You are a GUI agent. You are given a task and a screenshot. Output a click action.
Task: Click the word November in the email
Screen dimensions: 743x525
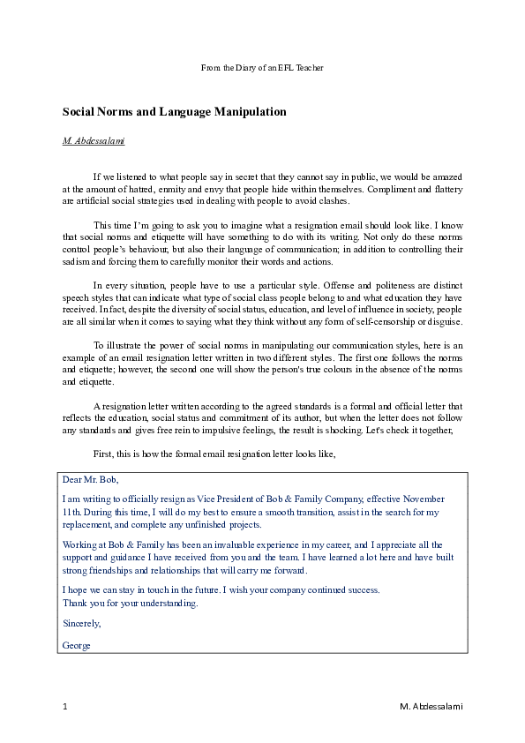pyautogui.click(x=425, y=499)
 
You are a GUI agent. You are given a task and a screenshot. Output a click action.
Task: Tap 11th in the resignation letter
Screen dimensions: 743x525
pyautogui.click(x=71, y=511)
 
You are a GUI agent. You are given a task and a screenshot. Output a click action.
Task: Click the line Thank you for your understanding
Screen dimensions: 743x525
pyautogui.click(x=131, y=604)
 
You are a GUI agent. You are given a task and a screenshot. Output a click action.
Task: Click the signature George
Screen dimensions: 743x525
pyautogui.click(x=77, y=644)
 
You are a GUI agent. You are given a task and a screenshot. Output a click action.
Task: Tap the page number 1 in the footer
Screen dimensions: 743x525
pyautogui.click(x=65, y=706)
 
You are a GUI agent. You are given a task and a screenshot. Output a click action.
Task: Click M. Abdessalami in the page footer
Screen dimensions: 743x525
pyautogui.click(x=431, y=706)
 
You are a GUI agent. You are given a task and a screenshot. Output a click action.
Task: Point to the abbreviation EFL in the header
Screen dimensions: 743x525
pyautogui.click(x=294, y=67)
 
